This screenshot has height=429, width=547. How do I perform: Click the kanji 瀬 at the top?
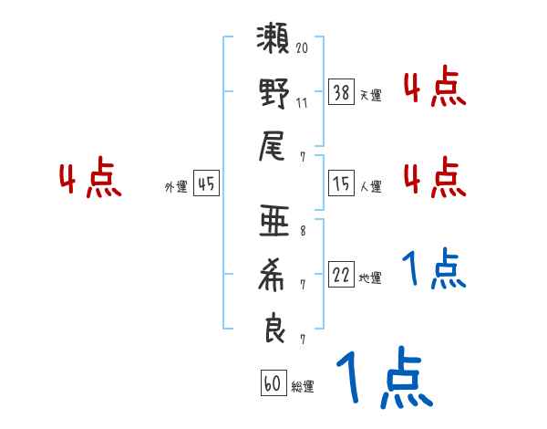tap(273, 42)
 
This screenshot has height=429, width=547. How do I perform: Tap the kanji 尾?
tap(273, 145)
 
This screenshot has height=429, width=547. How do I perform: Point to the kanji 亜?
tap(273, 224)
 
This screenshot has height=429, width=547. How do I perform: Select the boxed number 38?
tap(342, 91)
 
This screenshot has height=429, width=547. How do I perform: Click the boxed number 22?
tap(342, 275)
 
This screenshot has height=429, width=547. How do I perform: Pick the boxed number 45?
tap(206, 183)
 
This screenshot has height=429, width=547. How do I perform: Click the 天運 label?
tap(370, 94)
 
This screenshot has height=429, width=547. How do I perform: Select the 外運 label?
tap(176, 186)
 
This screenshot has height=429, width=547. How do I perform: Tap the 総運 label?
tap(303, 386)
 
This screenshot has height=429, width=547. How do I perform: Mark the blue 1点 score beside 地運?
tap(434, 268)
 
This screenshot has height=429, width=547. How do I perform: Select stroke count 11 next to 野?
tap(302, 101)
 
